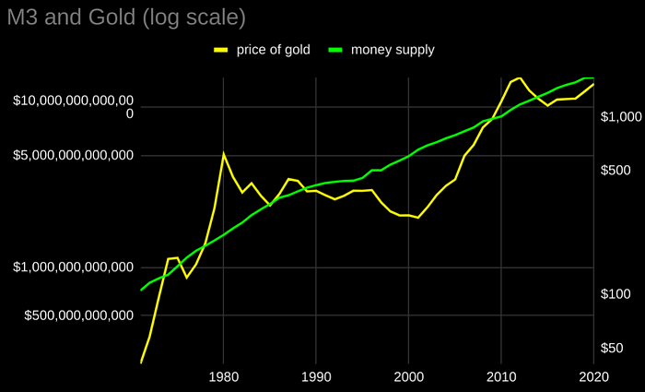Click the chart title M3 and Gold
tap(126, 17)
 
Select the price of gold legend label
tap(274, 49)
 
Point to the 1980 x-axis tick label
tap(223, 376)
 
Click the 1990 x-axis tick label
tap(316, 376)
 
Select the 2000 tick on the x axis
tap(408, 376)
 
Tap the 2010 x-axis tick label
tap(501, 376)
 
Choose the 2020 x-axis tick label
tap(593, 376)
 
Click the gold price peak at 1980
tap(223, 153)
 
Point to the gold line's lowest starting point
tap(141, 362)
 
